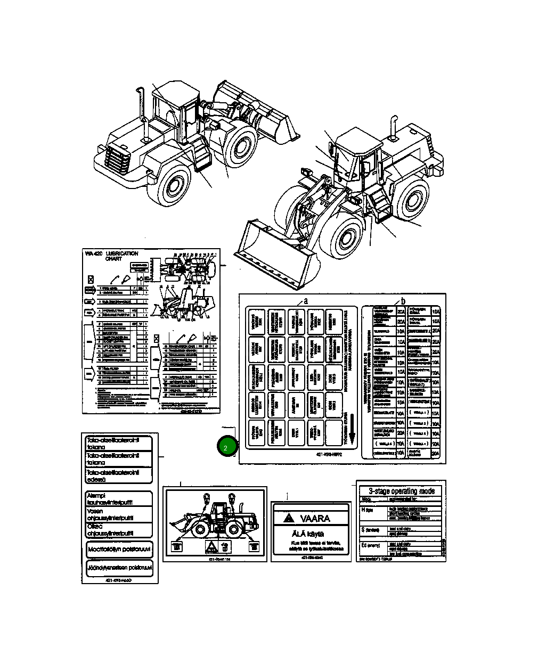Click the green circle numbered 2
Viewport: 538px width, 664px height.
click(226, 447)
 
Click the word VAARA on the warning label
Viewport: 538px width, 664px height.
click(315, 518)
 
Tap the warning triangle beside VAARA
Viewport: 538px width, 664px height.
click(288, 518)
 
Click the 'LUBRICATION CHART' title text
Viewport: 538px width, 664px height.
click(122, 256)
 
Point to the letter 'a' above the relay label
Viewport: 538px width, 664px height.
click(306, 300)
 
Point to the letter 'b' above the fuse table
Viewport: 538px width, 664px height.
click(403, 300)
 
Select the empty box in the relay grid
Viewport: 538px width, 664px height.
click(333, 432)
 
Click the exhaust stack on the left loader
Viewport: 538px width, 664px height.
click(141, 106)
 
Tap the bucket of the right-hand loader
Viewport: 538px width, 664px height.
click(277, 252)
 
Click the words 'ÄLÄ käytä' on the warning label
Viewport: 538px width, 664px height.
click(308, 534)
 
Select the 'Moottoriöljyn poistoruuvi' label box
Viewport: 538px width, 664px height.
click(119, 548)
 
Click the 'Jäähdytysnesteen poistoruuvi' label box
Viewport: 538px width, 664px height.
click(119, 568)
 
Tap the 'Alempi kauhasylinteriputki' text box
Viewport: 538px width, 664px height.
click(119, 498)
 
